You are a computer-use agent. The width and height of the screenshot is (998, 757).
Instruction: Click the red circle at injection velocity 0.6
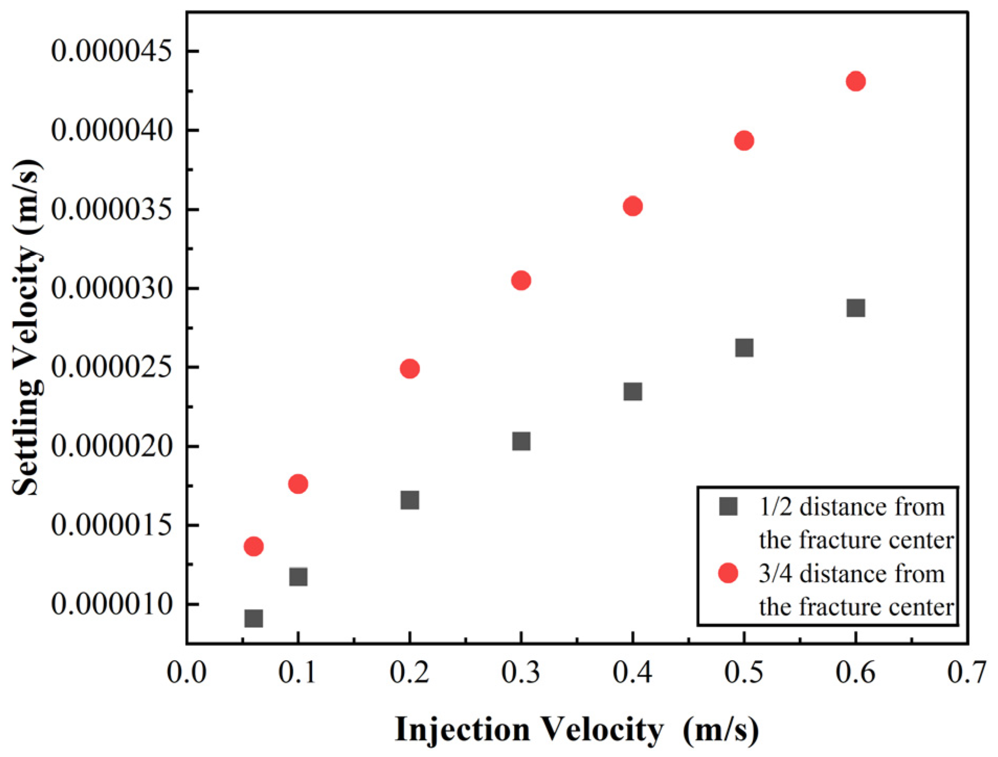pos(855,81)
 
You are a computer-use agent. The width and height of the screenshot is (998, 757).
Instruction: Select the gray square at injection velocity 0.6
pos(855,308)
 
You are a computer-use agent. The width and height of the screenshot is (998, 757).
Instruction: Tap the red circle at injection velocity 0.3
pos(521,280)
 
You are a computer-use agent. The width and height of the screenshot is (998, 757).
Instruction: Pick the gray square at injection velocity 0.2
pos(409,500)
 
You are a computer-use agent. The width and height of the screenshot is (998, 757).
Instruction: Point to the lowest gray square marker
pos(253,618)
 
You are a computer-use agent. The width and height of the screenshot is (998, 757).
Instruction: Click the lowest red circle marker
pos(253,546)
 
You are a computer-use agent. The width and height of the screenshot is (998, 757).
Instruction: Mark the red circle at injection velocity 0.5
pos(744,140)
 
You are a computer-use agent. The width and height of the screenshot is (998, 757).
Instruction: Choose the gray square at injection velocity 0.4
pos(632,391)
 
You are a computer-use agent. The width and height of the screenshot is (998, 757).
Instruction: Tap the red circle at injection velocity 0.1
pos(298,484)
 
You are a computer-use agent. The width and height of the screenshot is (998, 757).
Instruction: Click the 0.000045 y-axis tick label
pos(111,51)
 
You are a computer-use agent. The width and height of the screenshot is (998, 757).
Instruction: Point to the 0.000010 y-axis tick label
pos(111,604)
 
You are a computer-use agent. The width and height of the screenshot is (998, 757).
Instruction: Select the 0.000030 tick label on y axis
pos(111,288)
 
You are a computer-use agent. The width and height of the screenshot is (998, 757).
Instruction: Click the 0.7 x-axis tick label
pos(966,672)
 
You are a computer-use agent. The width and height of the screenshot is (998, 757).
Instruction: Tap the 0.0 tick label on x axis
pos(186,672)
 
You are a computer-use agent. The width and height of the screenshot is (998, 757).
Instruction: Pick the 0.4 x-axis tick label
pos(632,672)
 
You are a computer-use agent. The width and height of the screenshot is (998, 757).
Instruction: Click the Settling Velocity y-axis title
pos(26,327)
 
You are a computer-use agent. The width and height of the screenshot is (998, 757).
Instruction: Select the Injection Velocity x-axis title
pos(576,729)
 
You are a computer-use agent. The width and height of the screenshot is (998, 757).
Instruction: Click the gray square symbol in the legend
pos(728,506)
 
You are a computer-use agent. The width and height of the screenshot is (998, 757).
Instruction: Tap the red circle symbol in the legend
pos(728,573)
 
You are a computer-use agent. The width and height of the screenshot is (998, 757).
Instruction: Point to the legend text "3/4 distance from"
pos(851,574)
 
